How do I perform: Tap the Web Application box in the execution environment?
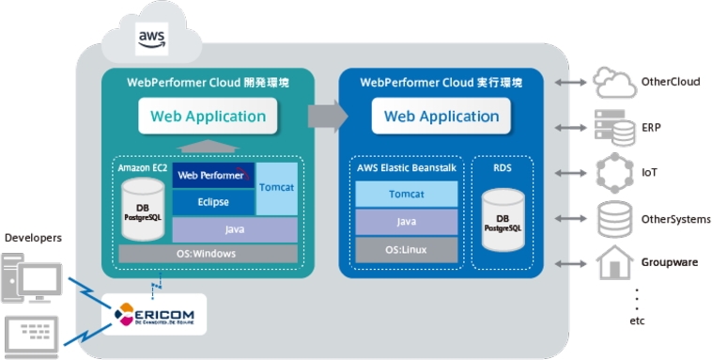pos(441,117)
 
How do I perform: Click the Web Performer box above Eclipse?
pos(213,175)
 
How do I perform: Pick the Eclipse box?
pos(213,202)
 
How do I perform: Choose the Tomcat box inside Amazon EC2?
pos(276,188)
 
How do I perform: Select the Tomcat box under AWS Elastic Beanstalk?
pos(406,195)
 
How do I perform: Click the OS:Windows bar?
pos(207,253)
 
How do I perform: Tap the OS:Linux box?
pos(406,249)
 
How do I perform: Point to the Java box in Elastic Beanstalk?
pos(406,222)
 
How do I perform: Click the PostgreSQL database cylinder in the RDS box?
pos(503,221)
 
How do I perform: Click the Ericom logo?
pos(153,313)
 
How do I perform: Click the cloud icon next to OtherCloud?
pos(614,83)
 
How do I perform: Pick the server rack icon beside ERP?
pos(614,126)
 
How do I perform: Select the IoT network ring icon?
pos(614,173)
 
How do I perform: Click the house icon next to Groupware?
pos(614,262)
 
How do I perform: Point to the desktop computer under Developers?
pos(32,282)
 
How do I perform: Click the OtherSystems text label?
pos(675,220)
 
